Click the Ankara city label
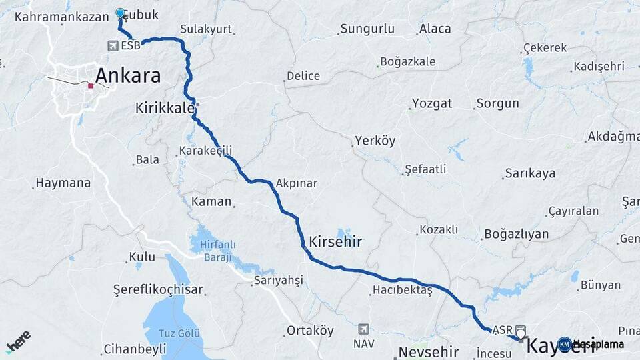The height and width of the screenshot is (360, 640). (x=128, y=75)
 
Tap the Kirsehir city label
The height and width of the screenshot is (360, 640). (x=335, y=241)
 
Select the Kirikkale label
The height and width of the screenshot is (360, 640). (x=165, y=107)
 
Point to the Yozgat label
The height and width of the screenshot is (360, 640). (x=431, y=103)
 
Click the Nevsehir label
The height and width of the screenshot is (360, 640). (x=430, y=351)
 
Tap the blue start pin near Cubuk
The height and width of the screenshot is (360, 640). (x=121, y=13)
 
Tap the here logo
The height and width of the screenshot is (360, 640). (x=18, y=341)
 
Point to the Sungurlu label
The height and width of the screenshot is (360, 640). (x=367, y=29)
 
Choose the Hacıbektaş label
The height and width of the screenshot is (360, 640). (x=403, y=290)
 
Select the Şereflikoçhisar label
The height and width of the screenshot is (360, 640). (x=159, y=290)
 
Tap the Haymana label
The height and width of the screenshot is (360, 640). (x=63, y=182)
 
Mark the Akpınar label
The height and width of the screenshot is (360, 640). (x=296, y=183)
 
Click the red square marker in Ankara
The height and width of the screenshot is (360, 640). (x=91, y=85)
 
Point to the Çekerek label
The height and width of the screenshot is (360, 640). (x=545, y=48)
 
